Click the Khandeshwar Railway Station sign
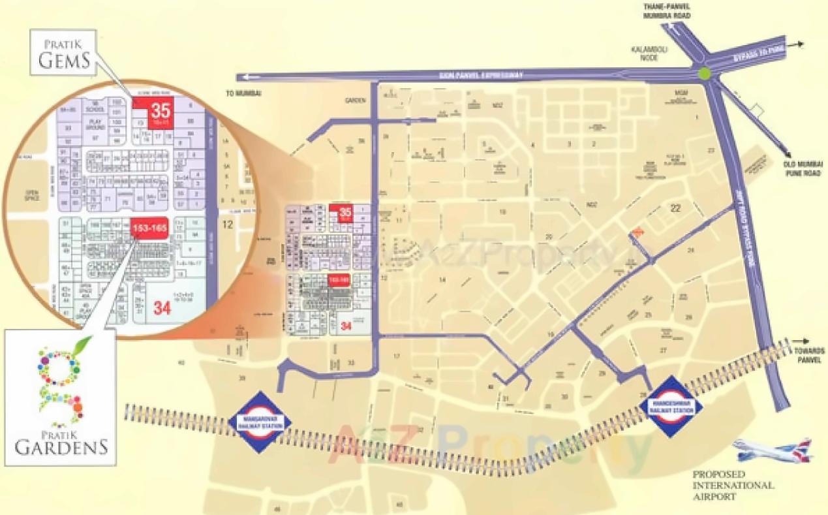671,407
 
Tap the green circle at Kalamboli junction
704,73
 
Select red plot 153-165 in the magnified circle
149,228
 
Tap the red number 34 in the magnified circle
162,308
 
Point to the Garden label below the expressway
354,101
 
